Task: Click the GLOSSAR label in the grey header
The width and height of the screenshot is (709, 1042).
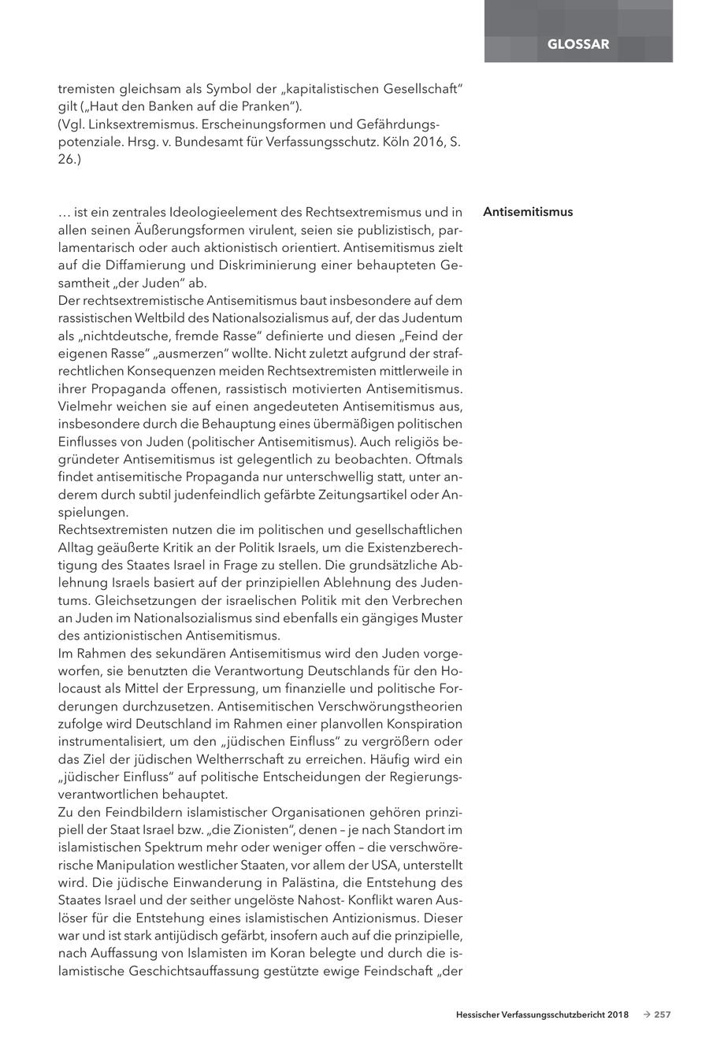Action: (x=578, y=44)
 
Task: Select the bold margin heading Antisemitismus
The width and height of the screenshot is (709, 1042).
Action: (x=528, y=212)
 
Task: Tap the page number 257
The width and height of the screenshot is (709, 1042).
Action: (x=663, y=1014)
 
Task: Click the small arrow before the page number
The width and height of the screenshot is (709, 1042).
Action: (x=646, y=1014)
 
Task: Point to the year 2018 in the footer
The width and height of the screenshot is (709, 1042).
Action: (x=618, y=1014)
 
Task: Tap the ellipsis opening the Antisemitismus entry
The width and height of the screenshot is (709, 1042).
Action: (x=65, y=213)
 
